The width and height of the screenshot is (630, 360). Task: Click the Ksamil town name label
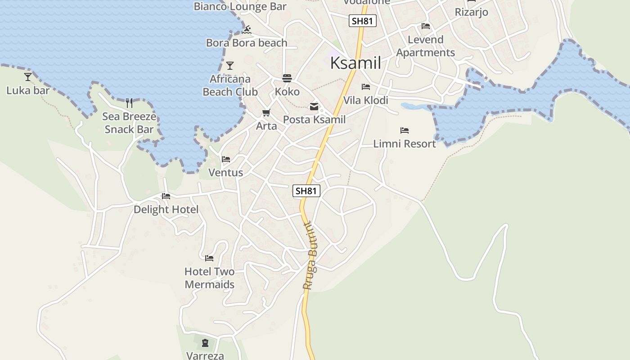pos(355,63)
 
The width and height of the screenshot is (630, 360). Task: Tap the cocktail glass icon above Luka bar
pos(28,77)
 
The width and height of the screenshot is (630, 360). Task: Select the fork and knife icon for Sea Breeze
pos(129,103)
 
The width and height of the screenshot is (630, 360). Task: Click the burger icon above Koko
pos(287,78)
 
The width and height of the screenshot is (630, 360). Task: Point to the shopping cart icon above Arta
pos(266,112)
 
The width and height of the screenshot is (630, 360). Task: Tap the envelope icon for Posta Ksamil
pos(314,107)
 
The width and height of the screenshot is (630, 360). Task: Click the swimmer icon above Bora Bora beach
pos(247,30)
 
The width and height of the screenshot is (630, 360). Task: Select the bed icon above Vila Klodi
pos(366,87)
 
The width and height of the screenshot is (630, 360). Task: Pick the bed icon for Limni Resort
pos(405,130)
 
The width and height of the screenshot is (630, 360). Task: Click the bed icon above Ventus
pos(226,159)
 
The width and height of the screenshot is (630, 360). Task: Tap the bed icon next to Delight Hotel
pos(166,196)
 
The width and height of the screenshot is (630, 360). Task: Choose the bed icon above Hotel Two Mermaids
pos(209,258)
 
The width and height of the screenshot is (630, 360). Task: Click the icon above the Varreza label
pos(205,343)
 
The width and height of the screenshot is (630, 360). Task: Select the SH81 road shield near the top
pos(362,21)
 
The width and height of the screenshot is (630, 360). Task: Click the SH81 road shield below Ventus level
pos(306,191)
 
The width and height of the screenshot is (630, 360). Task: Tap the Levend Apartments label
pos(425,46)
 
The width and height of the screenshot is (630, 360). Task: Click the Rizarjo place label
pos(471,12)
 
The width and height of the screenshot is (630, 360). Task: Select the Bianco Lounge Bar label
pos(240,6)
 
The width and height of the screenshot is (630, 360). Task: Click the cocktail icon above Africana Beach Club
pos(230,66)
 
